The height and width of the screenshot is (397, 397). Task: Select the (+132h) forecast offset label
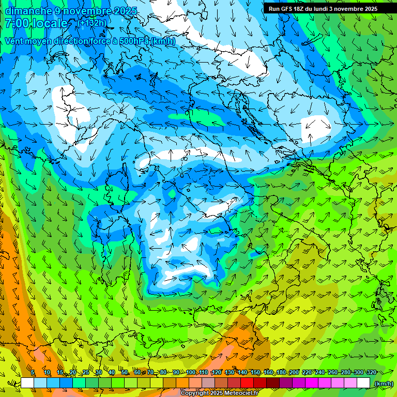[x=93, y=23]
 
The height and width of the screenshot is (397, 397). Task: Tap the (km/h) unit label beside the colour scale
[x=384, y=384]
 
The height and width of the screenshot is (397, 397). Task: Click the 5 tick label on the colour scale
[x=33, y=372]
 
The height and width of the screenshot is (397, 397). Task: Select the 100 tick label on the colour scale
[x=191, y=372]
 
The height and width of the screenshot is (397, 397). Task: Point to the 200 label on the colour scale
[x=294, y=372]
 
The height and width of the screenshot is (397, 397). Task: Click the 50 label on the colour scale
[x=125, y=372]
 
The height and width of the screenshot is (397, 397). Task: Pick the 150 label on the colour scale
[x=255, y=372]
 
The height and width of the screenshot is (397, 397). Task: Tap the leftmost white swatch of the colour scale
[x=27, y=383]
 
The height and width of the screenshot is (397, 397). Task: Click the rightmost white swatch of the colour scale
[x=363, y=383]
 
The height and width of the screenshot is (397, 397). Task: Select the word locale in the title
[x=50, y=23]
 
